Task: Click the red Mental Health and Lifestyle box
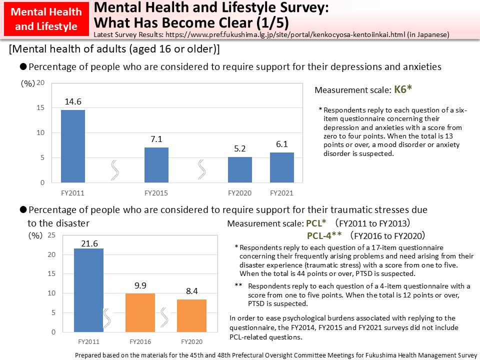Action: click(x=46, y=19)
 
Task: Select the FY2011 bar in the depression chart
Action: click(x=73, y=146)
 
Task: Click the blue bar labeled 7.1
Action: click(x=156, y=165)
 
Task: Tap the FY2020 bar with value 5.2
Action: click(x=240, y=170)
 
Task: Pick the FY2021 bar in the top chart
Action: click(x=281, y=167)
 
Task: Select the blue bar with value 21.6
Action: click(x=88, y=290)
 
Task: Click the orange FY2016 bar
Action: click(x=140, y=312)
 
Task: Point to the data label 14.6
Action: click(x=73, y=101)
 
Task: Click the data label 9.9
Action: click(x=140, y=285)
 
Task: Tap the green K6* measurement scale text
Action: click(x=402, y=90)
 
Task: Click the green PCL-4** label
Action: click(x=324, y=235)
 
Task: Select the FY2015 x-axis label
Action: click(x=156, y=193)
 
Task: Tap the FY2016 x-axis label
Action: click(x=140, y=342)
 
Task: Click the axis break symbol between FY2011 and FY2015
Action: click(x=114, y=170)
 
